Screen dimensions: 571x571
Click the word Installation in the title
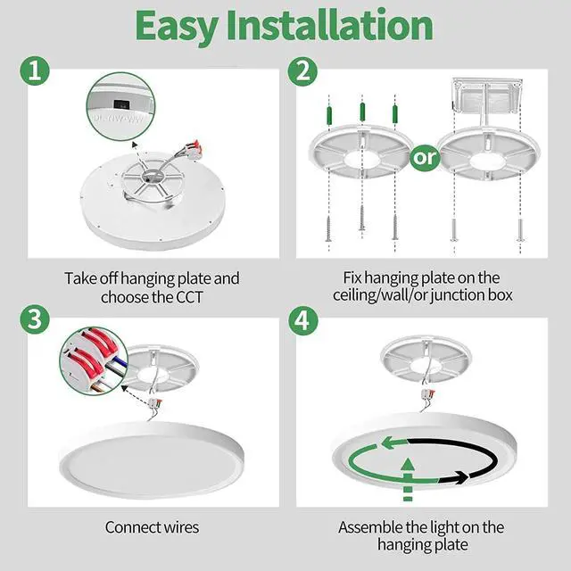[344, 27]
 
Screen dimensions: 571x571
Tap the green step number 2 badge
[303, 71]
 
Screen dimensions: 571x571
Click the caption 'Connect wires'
[152, 527]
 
